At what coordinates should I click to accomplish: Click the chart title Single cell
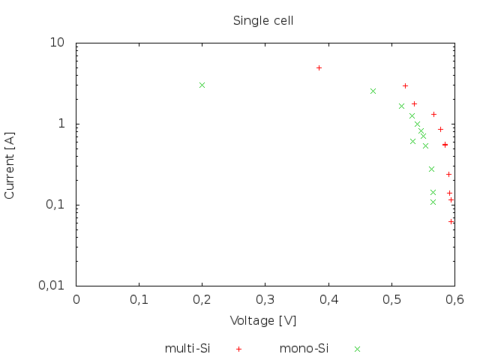(262, 20)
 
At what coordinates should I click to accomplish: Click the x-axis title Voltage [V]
(262, 320)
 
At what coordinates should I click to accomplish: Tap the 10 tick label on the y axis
(58, 43)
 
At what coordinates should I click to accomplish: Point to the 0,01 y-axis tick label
(52, 286)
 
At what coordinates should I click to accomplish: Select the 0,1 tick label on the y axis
(55, 205)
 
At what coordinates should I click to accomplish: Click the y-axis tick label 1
(63, 124)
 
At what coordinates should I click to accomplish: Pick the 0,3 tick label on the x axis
(265, 299)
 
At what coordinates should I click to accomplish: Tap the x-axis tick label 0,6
(453, 299)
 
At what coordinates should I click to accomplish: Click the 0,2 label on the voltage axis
(202, 299)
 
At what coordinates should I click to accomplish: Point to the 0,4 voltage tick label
(328, 299)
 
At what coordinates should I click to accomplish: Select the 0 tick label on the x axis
(76, 299)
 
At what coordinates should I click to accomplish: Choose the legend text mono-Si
(304, 348)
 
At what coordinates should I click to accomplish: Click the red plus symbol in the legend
(238, 349)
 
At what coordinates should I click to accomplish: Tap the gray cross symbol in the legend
(358, 349)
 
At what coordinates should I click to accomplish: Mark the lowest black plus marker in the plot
(451, 221)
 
